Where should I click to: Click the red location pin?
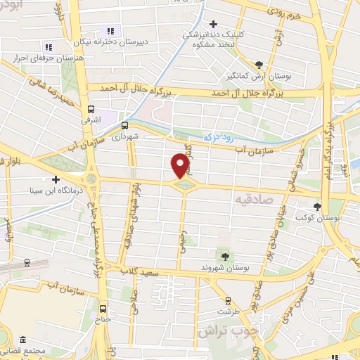point(181,165)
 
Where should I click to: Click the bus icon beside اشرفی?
point(91,109)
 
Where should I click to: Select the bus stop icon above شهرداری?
point(124,125)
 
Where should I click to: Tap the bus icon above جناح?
point(104,308)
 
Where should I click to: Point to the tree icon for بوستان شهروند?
point(224,255)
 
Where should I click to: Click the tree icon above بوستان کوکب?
point(317,206)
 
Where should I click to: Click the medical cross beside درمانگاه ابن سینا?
point(56,179)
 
